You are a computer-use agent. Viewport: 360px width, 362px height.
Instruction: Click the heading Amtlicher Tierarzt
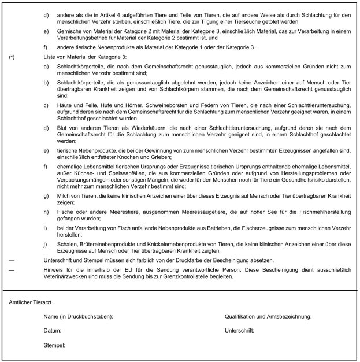[29, 302]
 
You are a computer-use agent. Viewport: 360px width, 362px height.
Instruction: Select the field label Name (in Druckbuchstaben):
[78, 317]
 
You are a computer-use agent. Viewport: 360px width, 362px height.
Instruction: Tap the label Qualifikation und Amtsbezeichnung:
[268, 317]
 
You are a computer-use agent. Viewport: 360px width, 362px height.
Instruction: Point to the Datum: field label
[53, 331]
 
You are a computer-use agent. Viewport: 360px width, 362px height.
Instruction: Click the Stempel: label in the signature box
[55, 346]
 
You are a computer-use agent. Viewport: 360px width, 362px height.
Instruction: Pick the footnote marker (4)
[12, 58]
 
